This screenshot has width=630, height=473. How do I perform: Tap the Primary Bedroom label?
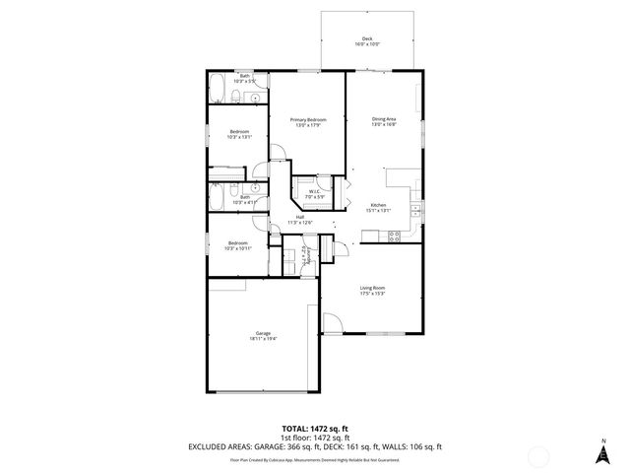point(308,122)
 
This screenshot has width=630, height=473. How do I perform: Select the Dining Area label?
point(384,121)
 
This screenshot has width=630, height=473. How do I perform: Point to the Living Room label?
point(371,290)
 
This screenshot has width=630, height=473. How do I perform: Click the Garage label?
point(264,335)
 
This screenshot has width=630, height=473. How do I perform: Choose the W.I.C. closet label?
point(312,194)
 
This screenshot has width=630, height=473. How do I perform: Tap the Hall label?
point(299,221)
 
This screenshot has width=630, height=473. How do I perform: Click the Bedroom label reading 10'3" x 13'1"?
point(239,134)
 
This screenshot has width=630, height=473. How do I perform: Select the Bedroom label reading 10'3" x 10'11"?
point(239,245)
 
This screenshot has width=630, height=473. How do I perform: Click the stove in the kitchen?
point(395,236)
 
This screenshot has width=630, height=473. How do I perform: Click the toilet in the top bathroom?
point(237,96)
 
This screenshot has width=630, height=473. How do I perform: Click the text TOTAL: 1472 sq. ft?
point(315,429)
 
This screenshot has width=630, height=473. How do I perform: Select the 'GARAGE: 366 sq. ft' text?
point(284,446)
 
